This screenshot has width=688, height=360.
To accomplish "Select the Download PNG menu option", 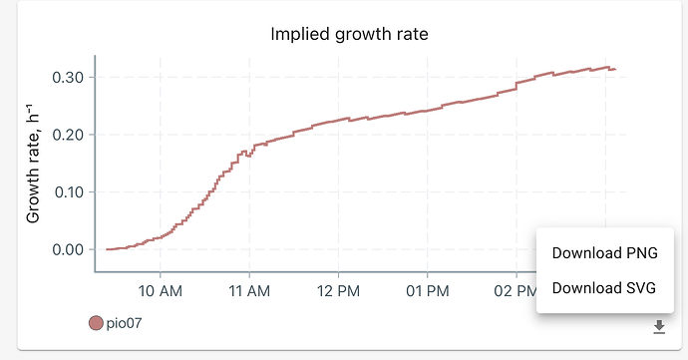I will tap(612, 252).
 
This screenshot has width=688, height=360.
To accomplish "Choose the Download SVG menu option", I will tap(612, 288).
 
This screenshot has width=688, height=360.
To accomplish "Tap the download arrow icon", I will tap(658, 326).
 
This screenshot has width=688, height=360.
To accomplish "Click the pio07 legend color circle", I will tap(97, 323).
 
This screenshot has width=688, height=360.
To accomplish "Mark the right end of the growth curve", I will tap(615, 69).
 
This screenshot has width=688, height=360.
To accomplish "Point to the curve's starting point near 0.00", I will tap(108, 249).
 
